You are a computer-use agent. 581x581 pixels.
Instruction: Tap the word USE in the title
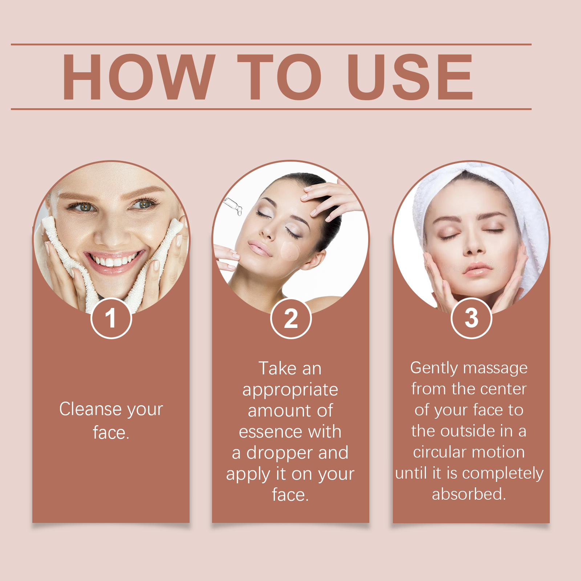click(410, 77)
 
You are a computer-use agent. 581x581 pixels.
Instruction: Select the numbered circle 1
click(111, 318)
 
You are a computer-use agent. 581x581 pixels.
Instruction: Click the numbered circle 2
click(291, 318)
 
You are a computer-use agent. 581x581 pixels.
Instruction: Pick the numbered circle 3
click(471, 318)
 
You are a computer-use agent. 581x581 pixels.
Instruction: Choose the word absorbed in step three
click(469, 494)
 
